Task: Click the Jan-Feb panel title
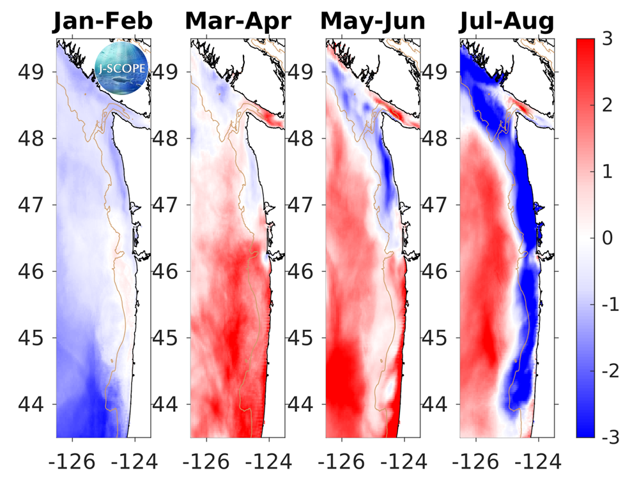tap(103, 21)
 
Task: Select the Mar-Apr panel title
tap(238, 21)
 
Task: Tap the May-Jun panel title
tap(373, 21)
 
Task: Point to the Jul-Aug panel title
tap(507, 21)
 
